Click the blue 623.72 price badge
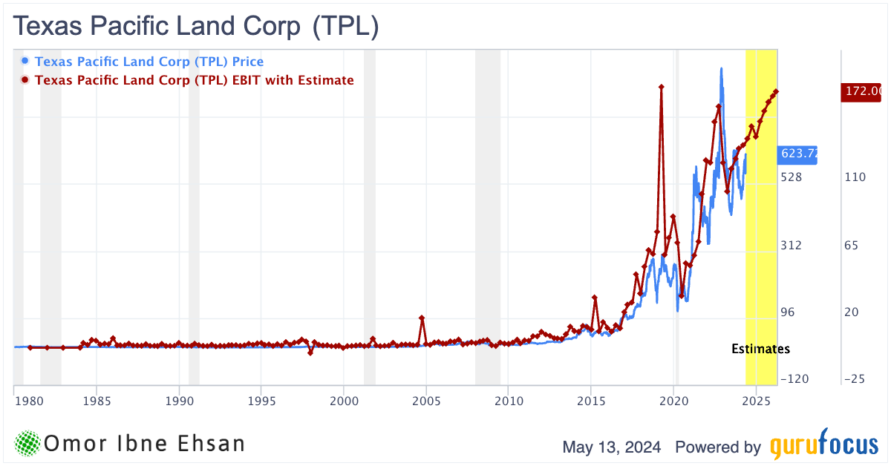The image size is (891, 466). point(797,154)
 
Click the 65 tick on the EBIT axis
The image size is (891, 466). point(852,245)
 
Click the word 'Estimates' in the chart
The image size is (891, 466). point(760,349)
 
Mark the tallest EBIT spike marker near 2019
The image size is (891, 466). point(661,87)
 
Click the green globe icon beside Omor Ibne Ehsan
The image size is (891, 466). point(27,443)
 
